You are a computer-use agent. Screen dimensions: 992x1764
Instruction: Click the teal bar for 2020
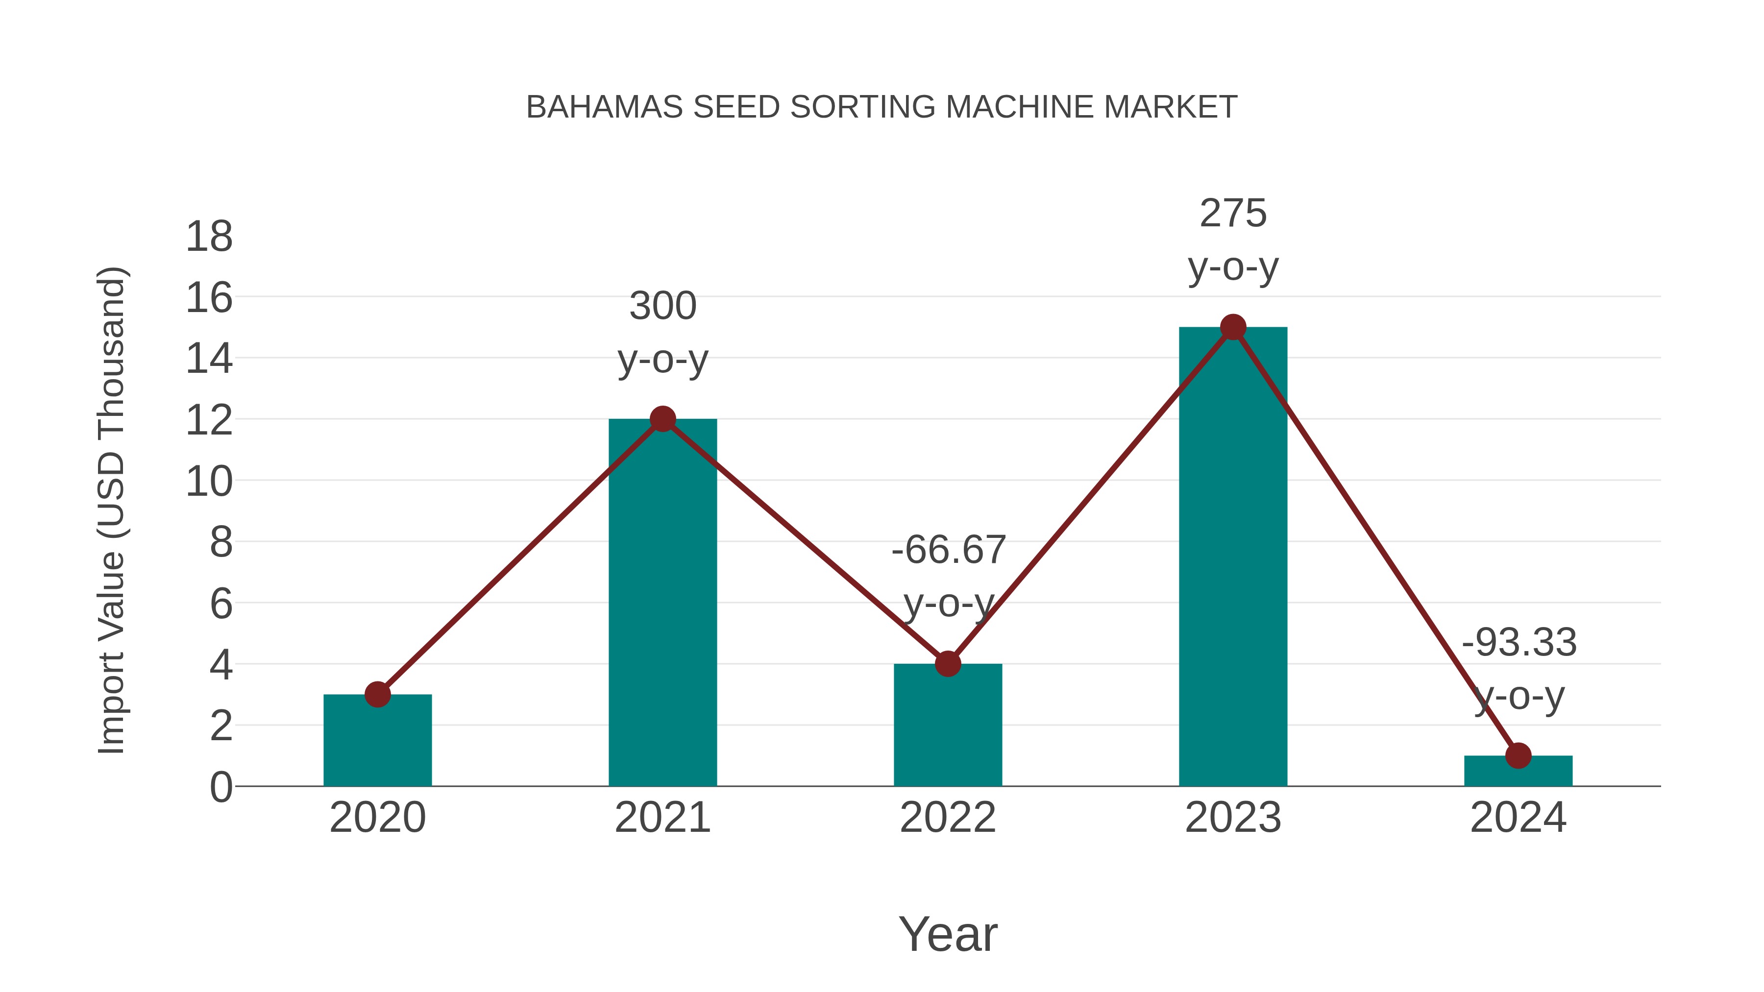point(377,743)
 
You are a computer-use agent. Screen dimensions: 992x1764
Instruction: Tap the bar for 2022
point(948,726)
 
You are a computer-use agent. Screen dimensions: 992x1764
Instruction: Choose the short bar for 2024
point(1518,772)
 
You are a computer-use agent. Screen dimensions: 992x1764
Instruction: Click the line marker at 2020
point(377,694)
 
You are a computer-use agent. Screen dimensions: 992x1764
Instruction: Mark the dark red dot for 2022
point(948,663)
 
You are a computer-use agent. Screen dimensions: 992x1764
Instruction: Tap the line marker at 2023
point(1233,327)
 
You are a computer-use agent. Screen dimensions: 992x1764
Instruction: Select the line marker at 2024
point(1518,756)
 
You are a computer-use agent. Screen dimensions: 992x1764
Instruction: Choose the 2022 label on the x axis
point(948,818)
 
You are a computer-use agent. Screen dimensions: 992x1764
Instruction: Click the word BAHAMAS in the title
point(605,107)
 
